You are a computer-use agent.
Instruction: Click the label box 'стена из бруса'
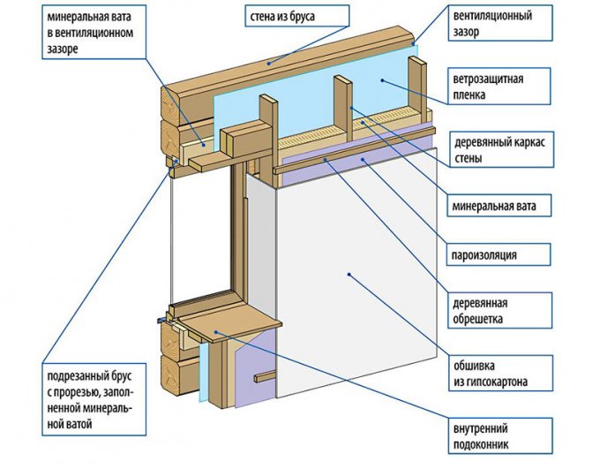coord(297,16)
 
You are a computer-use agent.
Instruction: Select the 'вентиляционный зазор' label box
coord(500,24)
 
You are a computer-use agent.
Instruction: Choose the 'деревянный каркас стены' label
coord(501,149)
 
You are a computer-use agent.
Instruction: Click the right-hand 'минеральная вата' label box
coord(499,206)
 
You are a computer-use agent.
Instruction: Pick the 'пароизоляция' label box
coord(498,254)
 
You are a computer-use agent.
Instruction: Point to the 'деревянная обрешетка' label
coord(500,310)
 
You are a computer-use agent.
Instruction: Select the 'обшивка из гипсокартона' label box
coord(500,373)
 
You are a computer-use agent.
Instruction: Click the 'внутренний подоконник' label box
coord(500,435)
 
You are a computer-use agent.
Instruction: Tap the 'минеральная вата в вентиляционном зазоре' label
coord(94,32)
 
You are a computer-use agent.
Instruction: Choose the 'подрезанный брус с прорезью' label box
coord(94,399)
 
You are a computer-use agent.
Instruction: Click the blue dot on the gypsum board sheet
coord(349,275)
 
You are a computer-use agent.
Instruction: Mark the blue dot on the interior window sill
coord(216,332)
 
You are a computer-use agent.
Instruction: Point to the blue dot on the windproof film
coord(382,80)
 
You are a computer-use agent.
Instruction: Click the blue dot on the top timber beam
coord(269,63)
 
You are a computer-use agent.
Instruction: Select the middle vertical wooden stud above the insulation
coord(343,107)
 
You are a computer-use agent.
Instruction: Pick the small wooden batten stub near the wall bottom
coord(266,377)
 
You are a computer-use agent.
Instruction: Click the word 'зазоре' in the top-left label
coord(63,49)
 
